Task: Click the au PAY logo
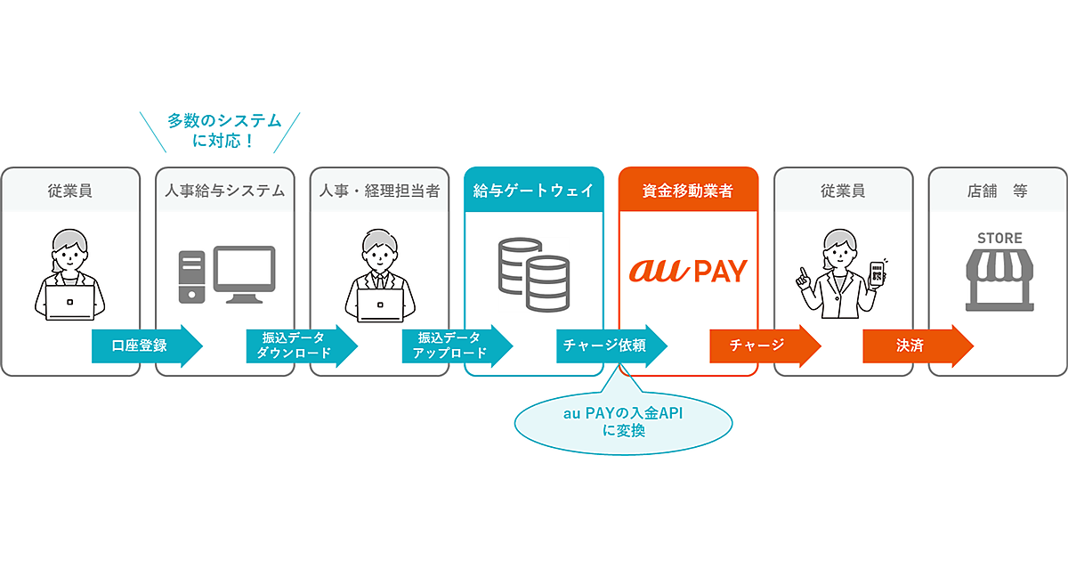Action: (x=687, y=270)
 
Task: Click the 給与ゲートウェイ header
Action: (x=533, y=190)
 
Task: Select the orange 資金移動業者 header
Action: (x=687, y=190)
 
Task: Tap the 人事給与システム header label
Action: (x=224, y=190)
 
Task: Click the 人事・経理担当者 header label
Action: (x=379, y=190)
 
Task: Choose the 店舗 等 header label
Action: (x=997, y=190)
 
